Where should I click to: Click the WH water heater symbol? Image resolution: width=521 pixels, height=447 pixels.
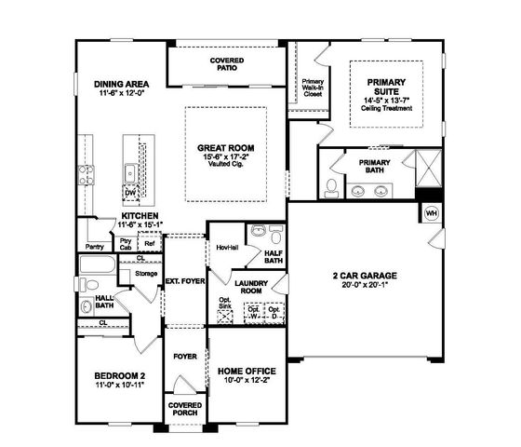click(x=431, y=213)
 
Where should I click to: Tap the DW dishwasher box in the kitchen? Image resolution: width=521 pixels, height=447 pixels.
click(x=131, y=193)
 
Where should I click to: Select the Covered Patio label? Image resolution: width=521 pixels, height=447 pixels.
click(x=226, y=64)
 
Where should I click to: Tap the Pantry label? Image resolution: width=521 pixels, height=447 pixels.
click(x=94, y=247)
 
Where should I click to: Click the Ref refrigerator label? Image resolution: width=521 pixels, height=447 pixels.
click(x=148, y=243)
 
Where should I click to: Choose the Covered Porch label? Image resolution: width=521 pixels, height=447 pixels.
click(x=185, y=411)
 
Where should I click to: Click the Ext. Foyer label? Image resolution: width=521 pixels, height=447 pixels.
click(x=184, y=279)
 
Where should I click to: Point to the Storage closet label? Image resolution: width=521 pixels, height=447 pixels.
click(x=145, y=274)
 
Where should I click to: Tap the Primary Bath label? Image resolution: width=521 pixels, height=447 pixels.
click(x=374, y=167)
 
